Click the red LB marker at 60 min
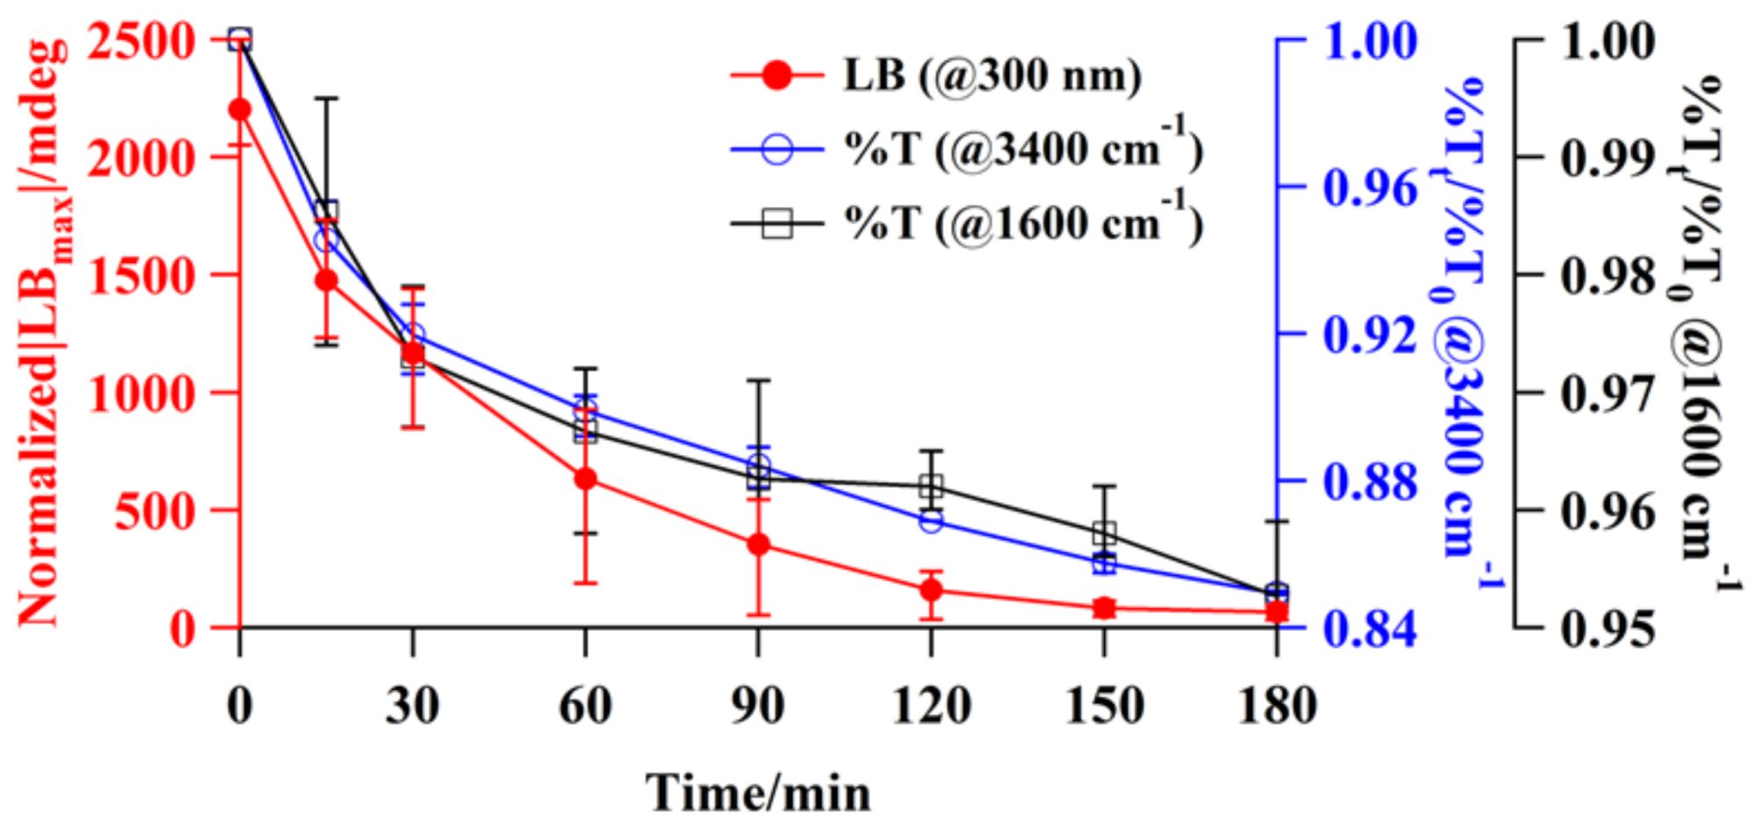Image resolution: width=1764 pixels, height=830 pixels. (x=585, y=479)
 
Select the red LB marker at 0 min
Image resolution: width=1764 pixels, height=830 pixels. (x=240, y=110)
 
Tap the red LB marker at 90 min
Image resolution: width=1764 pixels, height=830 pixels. (x=759, y=545)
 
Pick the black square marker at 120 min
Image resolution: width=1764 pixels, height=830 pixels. (x=932, y=486)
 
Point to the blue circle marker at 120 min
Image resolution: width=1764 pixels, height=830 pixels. (x=932, y=521)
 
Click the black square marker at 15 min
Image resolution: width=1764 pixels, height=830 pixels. (x=327, y=211)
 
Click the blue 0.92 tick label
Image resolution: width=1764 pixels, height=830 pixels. (x=1370, y=335)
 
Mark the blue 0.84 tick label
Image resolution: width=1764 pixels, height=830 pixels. (x=1370, y=628)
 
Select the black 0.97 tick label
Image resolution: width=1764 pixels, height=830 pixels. (x=1609, y=394)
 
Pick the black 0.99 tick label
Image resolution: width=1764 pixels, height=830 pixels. (x=1609, y=159)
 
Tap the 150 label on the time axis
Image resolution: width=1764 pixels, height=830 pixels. (x=1104, y=705)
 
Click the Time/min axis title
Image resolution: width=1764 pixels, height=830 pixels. (x=759, y=793)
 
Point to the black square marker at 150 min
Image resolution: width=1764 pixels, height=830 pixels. (x=1104, y=534)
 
